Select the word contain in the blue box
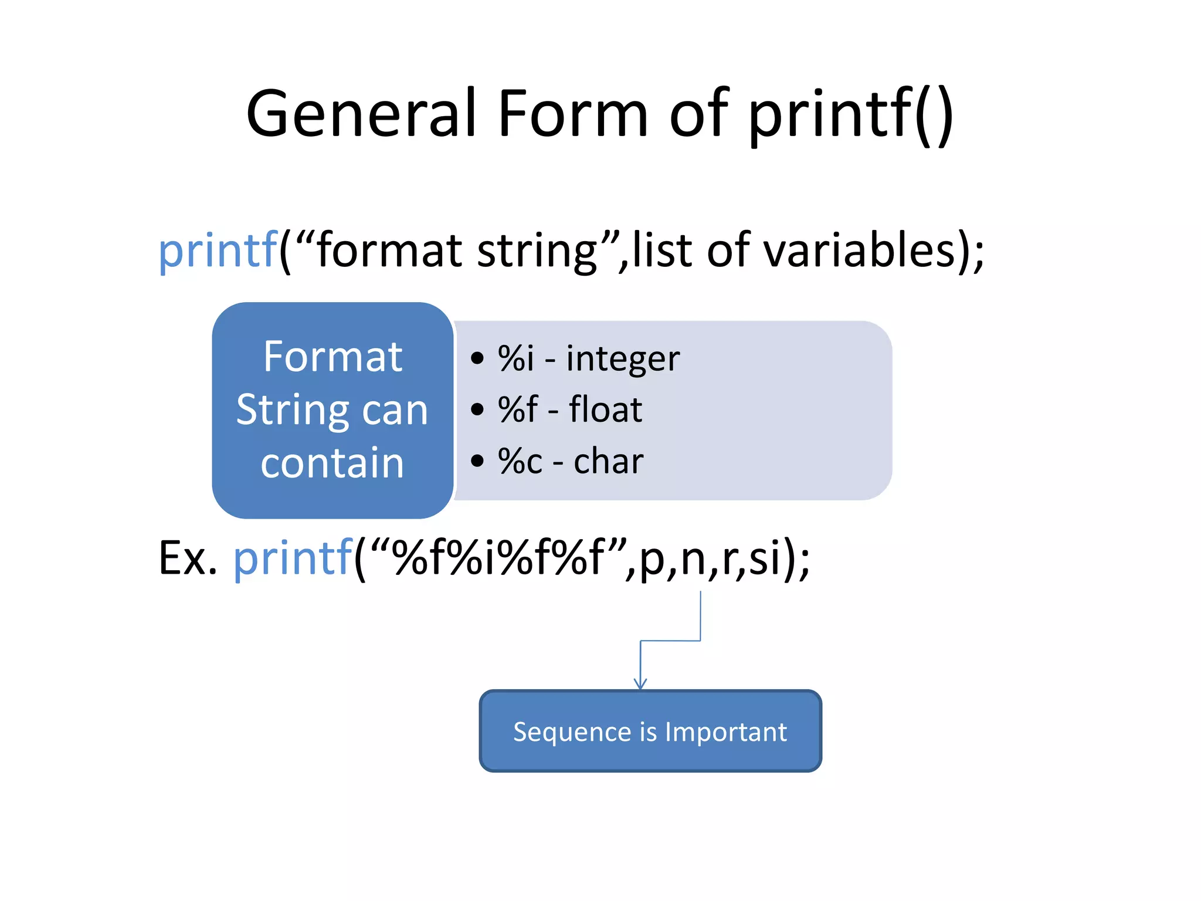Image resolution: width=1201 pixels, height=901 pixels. (x=333, y=463)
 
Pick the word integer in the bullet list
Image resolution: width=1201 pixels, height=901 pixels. (x=623, y=359)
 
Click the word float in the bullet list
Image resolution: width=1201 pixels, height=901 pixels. (x=605, y=409)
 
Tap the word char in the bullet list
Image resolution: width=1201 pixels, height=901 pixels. (x=608, y=461)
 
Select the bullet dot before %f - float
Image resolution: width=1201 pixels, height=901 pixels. (x=477, y=409)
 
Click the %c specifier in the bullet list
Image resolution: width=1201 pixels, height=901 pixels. (x=520, y=461)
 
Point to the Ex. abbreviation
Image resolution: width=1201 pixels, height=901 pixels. (x=188, y=558)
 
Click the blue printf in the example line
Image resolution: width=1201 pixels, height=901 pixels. (x=293, y=558)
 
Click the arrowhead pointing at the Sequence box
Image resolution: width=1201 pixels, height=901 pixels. (x=640, y=684)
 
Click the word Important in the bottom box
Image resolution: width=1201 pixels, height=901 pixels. (x=725, y=732)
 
